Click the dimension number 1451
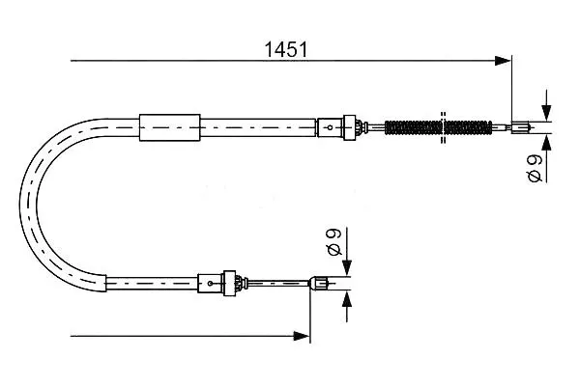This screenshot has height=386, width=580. click(286, 49)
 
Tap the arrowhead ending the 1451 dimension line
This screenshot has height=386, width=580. click(503, 61)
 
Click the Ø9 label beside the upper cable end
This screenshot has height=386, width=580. click(536, 169)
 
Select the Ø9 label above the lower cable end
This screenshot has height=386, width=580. click(334, 242)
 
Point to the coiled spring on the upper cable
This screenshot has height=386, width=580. click(438, 127)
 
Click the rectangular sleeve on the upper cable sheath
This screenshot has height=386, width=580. click(170, 127)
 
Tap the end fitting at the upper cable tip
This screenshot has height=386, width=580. click(521, 127)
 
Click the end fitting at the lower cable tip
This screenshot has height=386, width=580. click(319, 284)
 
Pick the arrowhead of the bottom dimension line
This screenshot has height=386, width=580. click(302, 336)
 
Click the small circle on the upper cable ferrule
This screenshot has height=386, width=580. click(330, 127)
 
